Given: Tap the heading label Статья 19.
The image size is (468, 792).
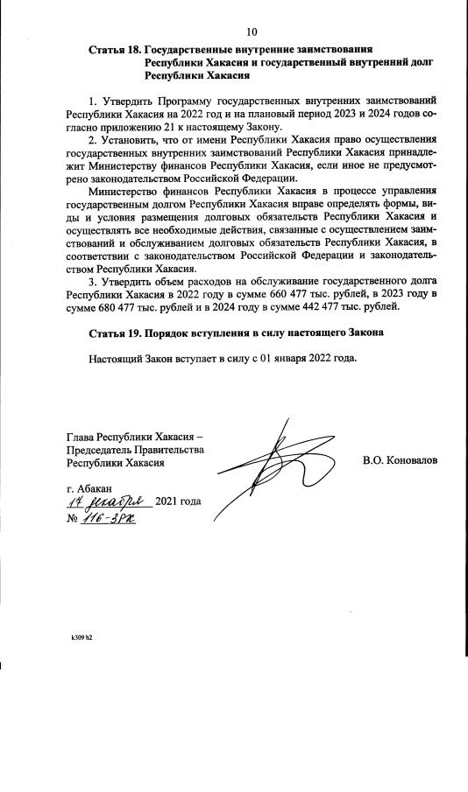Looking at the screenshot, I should click(114, 334).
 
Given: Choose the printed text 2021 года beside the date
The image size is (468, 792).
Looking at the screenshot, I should click(178, 501).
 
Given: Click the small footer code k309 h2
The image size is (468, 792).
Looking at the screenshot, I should click(82, 637).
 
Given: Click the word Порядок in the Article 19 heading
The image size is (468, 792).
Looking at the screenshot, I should click(172, 334).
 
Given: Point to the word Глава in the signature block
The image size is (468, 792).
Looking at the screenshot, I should click(82, 437).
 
